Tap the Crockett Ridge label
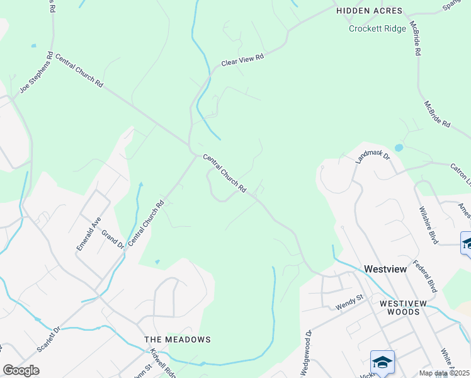[377, 28]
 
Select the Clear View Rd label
[242, 60]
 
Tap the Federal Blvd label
[424, 277]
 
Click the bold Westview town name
[385, 269]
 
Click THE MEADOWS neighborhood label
[178, 340]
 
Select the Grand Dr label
[113, 239]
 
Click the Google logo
[21, 370]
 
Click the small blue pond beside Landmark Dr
[399, 148]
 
